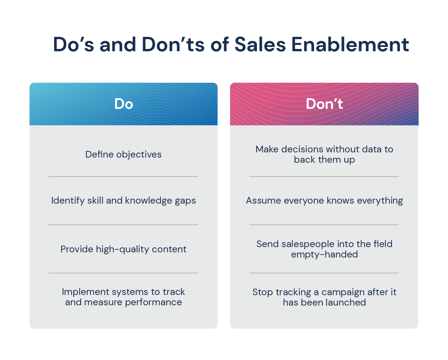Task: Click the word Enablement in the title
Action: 350,44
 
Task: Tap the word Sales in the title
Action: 260,44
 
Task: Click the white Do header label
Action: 124,104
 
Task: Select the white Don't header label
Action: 324,104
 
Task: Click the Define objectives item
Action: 123,155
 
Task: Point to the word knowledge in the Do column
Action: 149,201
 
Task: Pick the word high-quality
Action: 122,249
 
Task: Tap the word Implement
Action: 86,292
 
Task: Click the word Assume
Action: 264,201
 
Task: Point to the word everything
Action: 380,201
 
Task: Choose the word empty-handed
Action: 324,255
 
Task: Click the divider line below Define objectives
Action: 123,177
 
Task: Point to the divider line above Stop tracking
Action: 324,273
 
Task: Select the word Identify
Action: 68,201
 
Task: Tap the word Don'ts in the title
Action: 173,44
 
